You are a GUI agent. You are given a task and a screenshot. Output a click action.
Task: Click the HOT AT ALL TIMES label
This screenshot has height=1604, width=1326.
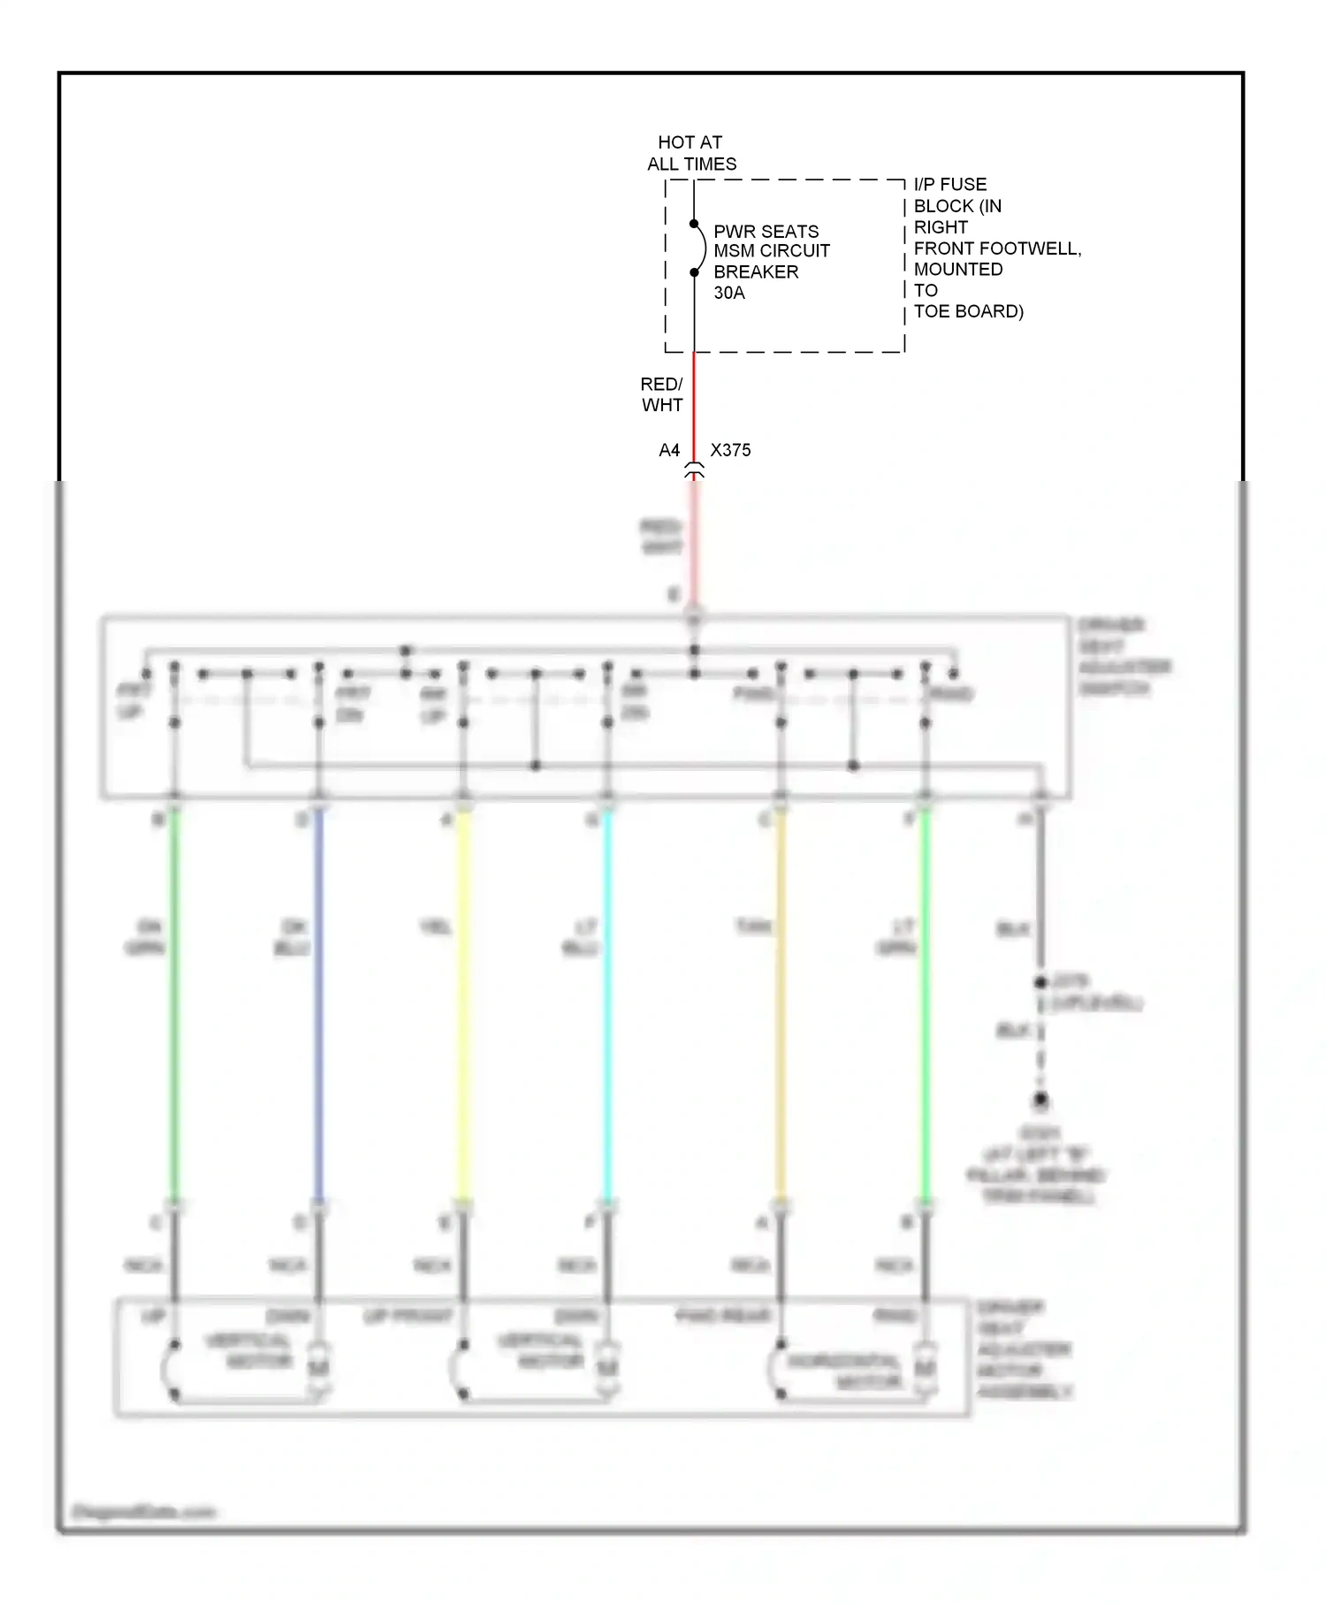690,153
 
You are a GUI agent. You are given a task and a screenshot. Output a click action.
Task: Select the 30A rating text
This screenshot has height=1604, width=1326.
729,293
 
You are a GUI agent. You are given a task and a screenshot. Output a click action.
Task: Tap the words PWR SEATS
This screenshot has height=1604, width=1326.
766,231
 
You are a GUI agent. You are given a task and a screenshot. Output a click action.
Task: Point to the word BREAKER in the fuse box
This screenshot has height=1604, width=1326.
756,271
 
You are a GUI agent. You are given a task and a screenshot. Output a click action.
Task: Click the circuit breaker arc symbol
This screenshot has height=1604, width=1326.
700,248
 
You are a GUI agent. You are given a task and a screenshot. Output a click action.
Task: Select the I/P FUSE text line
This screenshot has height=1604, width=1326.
949,184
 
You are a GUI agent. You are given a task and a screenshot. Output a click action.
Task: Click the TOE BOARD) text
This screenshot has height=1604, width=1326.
968,311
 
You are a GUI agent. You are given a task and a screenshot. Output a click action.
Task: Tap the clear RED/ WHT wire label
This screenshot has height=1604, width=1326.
662,394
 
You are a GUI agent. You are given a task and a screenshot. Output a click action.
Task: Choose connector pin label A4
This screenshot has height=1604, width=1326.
669,450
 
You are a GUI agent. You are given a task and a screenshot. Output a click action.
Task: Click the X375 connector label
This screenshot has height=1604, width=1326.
730,450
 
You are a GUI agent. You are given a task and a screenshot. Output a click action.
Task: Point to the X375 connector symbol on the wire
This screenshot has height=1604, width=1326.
695,471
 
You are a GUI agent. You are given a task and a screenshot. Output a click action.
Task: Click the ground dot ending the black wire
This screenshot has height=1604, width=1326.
1041,1101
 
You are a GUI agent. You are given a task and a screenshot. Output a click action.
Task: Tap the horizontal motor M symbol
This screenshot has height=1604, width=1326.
925,1368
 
